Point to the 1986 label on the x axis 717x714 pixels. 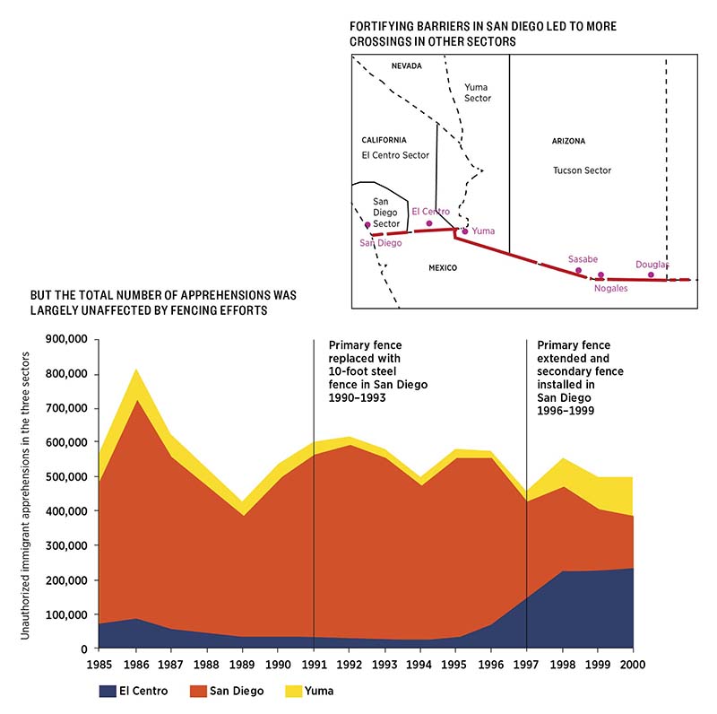point(135,665)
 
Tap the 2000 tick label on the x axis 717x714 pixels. point(634,665)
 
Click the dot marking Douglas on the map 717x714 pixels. point(651,274)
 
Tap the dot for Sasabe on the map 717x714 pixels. point(578,270)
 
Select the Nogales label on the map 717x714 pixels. point(610,289)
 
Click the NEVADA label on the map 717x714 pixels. point(406,65)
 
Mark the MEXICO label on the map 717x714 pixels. point(442,268)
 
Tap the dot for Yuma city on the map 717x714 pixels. point(464,231)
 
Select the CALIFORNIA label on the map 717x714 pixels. point(384,140)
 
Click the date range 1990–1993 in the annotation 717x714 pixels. point(358,397)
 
